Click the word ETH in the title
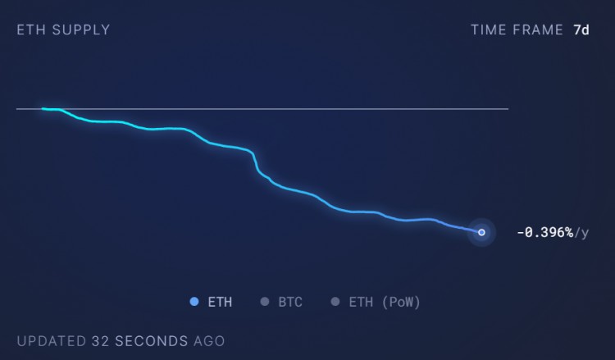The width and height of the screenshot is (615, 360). point(30,30)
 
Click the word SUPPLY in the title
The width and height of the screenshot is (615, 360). point(81,30)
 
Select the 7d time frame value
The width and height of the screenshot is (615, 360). point(581,30)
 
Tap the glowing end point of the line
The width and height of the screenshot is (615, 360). point(481,232)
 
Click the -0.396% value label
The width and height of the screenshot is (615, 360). point(544,233)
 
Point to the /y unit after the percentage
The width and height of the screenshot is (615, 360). point(581,233)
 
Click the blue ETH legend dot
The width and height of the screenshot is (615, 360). point(194,302)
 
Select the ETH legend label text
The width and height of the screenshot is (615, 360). point(220,302)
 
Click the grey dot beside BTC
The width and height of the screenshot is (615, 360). point(264,302)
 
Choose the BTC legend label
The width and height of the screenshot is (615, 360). point(290,302)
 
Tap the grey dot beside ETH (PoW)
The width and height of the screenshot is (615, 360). point(335,302)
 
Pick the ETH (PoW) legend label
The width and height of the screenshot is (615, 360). point(385,302)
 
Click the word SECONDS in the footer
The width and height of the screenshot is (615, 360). point(151,340)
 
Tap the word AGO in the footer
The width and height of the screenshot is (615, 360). point(208,340)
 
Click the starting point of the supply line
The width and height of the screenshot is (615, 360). point(43,108)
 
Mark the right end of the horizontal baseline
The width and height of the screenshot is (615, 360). point(508,108)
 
